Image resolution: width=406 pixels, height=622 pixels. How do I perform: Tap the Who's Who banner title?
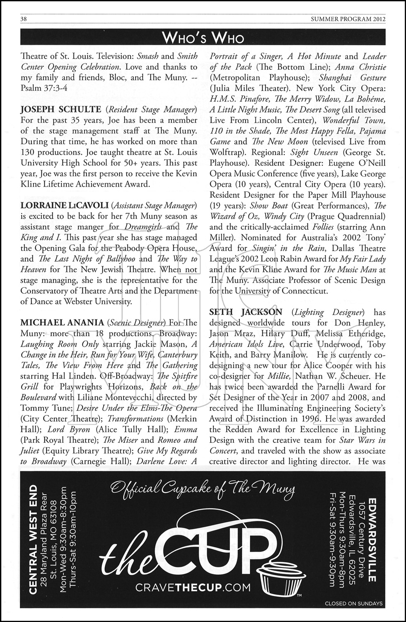point(203,38)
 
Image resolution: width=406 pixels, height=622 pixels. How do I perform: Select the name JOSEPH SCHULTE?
point(60,109)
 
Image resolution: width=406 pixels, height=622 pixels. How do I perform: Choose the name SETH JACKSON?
point(246,312)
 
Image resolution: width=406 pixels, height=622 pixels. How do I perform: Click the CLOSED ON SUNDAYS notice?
point(354,603)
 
